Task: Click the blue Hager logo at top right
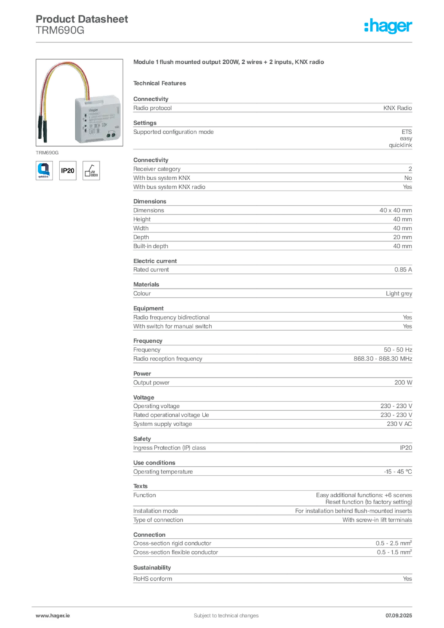click(389, 27)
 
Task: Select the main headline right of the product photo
click(231, 63)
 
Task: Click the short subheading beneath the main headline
click(161, 83)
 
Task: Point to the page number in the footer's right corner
click(402, 612)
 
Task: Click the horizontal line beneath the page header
click(225, 42)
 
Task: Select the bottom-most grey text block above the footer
click(272, 576)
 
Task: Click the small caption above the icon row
click(47, 149)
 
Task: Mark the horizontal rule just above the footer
click(225, 603)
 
